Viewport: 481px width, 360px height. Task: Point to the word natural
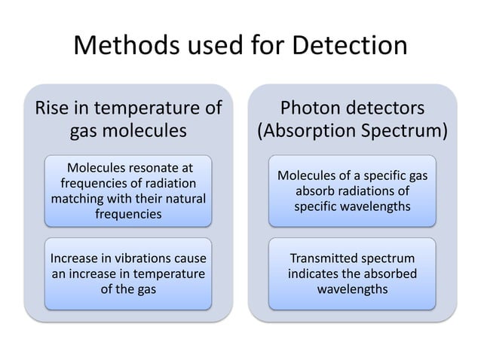pyautogui.click(x=182, y=199)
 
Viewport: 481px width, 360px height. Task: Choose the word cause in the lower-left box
pyautogui.click(x=189, y=258)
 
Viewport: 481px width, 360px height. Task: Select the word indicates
pyautogui.click(x=314, y=273)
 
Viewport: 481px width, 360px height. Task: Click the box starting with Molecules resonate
pyautogui.click(x=127, y=191)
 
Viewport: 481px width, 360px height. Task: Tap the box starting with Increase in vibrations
pyautogui.click(x=127, y=273)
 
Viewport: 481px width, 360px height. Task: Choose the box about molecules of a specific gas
pyautogui.click(x=352, y=191)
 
